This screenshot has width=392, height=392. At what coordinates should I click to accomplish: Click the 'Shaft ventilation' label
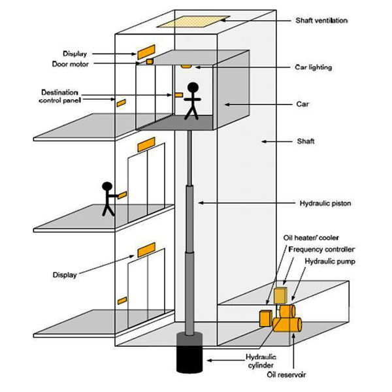point(321,20)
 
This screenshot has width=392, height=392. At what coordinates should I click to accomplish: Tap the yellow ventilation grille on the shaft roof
point(193,22)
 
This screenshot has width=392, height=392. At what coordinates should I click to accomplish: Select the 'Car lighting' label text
point(314,67)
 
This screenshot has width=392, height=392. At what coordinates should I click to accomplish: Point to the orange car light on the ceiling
point(186,67)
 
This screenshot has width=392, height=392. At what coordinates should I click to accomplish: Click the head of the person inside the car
point(193,88)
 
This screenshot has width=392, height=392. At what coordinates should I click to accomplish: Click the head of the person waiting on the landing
point(107,187)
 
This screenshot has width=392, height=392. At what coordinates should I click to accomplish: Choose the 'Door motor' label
point(71,64)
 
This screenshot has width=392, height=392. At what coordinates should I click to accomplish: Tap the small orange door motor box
point(150,61)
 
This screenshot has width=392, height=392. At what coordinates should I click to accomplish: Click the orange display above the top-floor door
point(146,52)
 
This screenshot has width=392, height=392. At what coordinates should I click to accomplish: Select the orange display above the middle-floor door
point(146,144)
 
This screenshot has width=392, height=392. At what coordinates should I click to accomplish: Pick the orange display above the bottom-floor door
point(146,250)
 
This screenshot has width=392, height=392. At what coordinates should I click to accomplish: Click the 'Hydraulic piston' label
point(325,203)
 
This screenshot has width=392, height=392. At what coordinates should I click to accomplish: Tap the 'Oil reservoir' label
point(286,375)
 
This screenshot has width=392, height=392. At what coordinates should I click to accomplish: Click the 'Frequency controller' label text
point(321,250)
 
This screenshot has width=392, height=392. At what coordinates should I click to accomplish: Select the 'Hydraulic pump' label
point(330,261)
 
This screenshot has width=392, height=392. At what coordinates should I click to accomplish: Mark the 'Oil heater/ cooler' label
point(311,238)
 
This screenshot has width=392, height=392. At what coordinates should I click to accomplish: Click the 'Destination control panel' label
point(59,97)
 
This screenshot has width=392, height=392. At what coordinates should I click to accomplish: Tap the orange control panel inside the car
point(178,95)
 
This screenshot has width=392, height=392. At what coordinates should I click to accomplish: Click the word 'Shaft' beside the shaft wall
point(306,141)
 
